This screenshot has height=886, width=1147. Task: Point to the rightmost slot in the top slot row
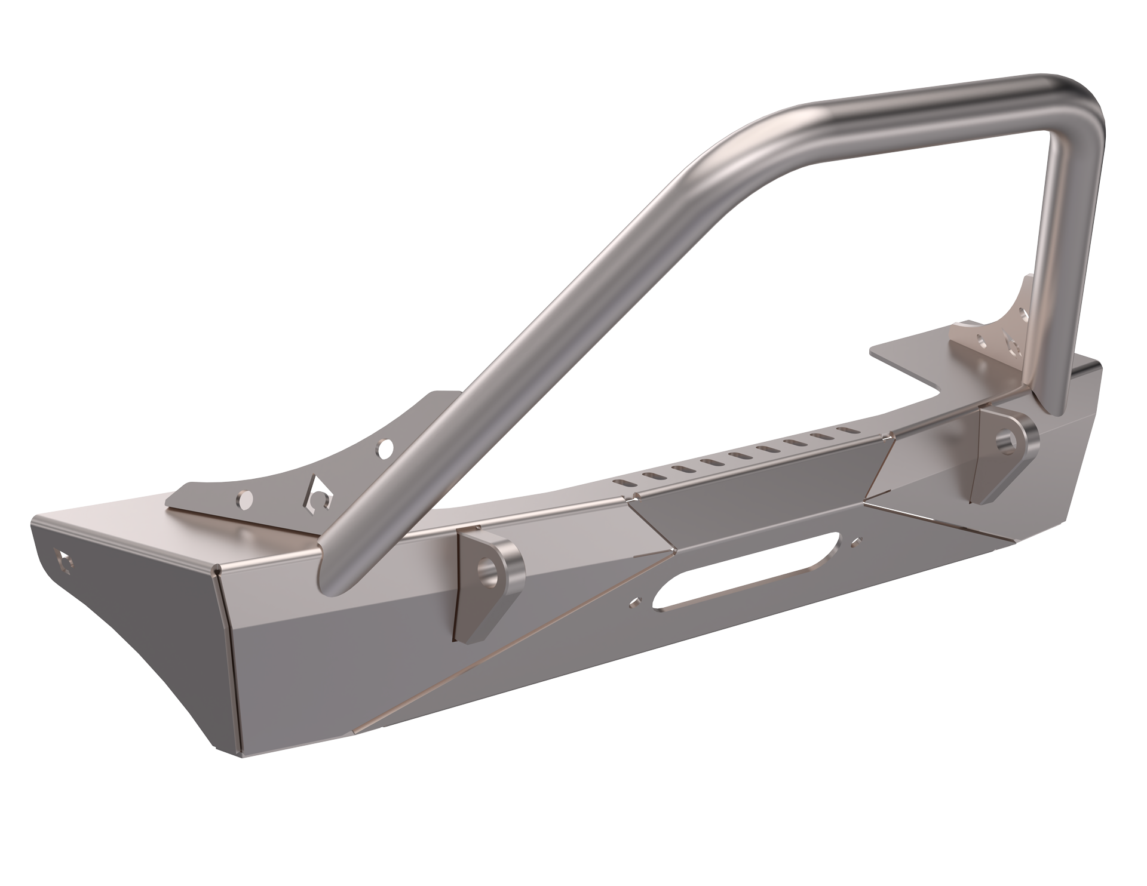(x=844, y=430)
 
